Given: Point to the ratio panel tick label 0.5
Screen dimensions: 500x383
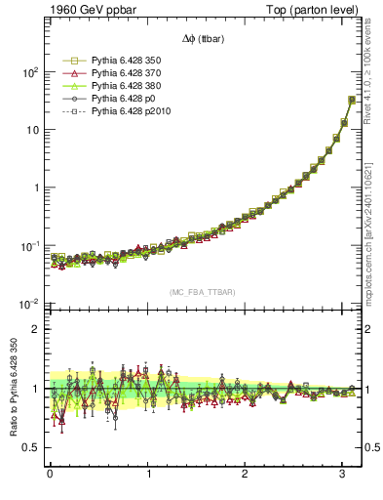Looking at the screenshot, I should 30,447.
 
